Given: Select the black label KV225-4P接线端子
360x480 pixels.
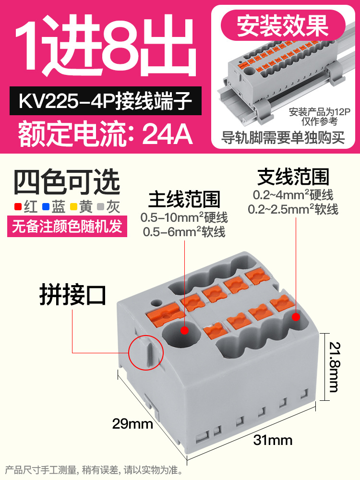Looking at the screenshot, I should [x=106, y=102].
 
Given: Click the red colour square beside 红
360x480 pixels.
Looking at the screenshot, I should [x=17, y=207].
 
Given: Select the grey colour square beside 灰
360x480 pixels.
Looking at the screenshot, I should [x=101, y=207].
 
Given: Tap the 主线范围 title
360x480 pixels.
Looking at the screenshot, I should [x=184, y=199].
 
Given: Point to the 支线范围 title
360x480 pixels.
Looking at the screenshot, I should [x=293, y=177].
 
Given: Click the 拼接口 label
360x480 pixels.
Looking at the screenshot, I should [x=72, y=295].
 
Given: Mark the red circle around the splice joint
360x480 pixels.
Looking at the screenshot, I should [x=146, y=353].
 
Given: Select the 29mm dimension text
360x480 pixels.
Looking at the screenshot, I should [x=132, y=424].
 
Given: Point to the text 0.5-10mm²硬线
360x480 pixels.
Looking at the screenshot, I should [x=184, y=218].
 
